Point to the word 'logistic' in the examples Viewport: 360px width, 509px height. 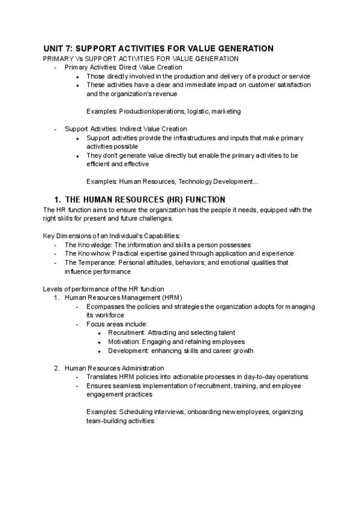191,111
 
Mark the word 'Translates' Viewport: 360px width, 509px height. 103,377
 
